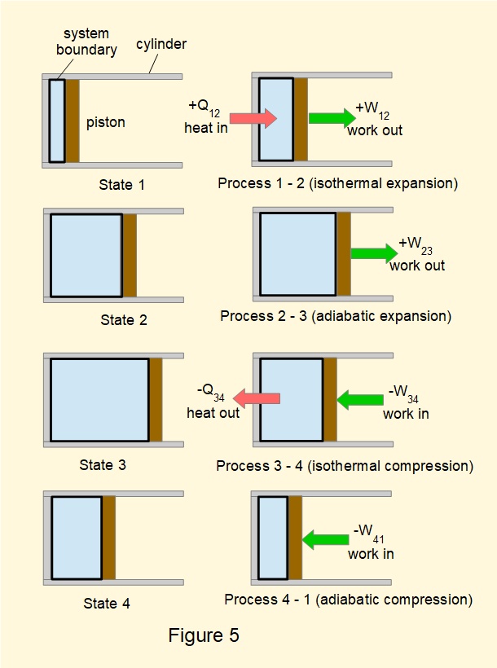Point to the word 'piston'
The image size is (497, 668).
tap(106, 122)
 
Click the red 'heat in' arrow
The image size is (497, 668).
tap(258, 118)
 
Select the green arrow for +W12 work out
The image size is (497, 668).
tap(332, 118)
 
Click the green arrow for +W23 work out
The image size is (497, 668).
tap(374, 253)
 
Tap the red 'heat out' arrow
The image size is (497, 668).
tap(257, 398)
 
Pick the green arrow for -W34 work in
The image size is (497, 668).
tap(359, 399)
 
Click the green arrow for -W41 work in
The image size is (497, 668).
tap(325, 539)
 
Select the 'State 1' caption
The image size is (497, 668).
tap(121, 185)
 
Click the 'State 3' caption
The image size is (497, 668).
tap(103, 465)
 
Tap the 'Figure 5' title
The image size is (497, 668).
tap(204, 635)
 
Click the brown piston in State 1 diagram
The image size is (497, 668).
tap(72, 121)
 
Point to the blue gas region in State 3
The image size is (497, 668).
tap(99, 400)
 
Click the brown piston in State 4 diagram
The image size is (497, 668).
tap(108, 538)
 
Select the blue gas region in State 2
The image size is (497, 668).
tap(86, 255)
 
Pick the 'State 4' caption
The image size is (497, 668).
tap(107, 604)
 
